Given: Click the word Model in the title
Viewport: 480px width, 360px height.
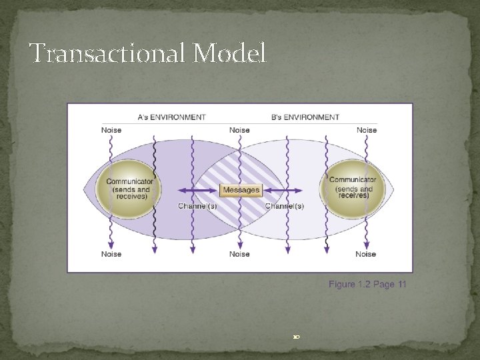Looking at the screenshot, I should [230, 53].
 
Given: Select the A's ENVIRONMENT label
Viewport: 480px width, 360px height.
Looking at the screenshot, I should [171, 117].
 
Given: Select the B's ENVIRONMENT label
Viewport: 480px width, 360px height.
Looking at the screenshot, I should [305, 117].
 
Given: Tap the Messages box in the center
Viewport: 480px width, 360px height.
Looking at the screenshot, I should [241, 190].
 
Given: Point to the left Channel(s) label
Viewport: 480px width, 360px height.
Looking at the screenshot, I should [197, 206].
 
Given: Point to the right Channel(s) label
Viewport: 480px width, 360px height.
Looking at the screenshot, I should [285, 206].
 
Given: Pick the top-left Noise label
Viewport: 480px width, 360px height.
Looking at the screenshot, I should [111, 130].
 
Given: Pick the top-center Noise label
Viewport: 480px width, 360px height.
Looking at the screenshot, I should [239, 130].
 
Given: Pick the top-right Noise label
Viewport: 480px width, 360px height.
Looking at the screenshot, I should [367, 130].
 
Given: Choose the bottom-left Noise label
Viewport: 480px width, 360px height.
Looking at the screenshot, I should [111, 254].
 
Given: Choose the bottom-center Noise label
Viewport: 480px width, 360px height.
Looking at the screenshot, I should [239, 254].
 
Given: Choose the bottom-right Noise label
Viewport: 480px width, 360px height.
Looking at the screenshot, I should [366, 254].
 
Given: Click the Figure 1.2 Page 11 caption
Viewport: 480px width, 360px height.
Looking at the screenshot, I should [367, 285].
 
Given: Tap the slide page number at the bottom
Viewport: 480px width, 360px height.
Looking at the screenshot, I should [296, 337].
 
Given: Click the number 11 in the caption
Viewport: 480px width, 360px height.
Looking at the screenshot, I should [401, 285].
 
